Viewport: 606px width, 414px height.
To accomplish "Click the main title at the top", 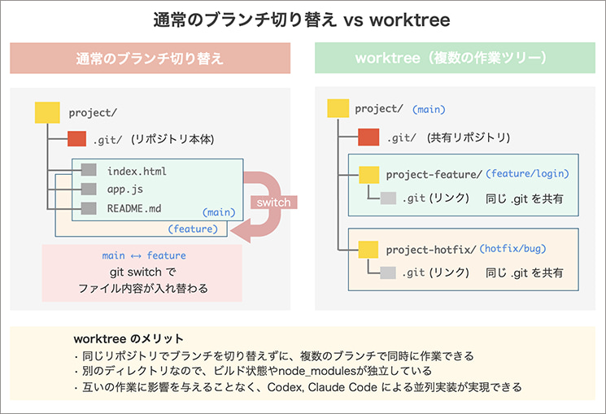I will (x=302, y=18).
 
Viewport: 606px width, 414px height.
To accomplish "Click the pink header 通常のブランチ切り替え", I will (x=150, y=59).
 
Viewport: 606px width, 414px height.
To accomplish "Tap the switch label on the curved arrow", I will (x=273, y=202).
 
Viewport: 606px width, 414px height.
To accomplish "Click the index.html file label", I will (x=137, y=172).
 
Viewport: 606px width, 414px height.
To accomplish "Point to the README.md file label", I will (x=135, y=208).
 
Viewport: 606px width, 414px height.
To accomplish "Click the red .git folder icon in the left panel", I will (x=77, y=139).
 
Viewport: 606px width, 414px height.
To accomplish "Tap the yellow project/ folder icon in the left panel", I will (x=46, y=112).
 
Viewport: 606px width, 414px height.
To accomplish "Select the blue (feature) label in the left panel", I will (x=192, y=229).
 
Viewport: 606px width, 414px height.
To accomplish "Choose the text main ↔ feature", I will (x=143, y=255).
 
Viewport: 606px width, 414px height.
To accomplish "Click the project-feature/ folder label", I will (x=434, y=174).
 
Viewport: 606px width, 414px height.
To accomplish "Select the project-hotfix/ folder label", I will (x=430, y=249).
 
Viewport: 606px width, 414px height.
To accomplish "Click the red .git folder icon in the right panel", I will (x=369, y=137).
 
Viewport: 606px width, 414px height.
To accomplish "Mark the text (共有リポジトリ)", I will (x=469, y=137).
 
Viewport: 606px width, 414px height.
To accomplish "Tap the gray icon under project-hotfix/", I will (x=389, y=273).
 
